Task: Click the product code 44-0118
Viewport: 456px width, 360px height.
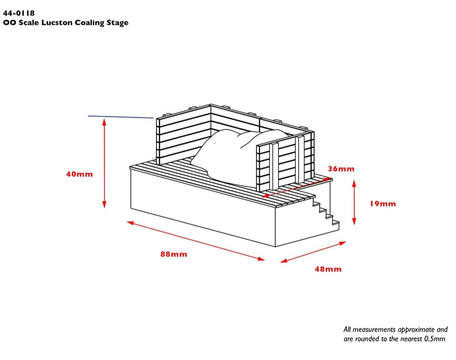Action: (18, 13)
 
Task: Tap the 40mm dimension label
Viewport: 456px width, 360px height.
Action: (79, 174)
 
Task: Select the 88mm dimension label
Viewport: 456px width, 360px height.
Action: (174, 254)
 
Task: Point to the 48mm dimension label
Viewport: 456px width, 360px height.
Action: (328, 269)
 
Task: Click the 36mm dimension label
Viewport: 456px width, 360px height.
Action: (341, 169)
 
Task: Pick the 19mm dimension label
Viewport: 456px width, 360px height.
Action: (383, 204)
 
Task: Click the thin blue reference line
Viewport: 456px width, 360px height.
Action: (120, 117)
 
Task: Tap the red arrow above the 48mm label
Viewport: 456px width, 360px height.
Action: (314, 252)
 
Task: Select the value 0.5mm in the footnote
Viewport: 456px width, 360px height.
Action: (435, 339)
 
